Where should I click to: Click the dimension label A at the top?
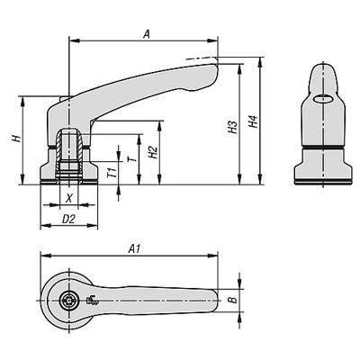(x=146, y=32)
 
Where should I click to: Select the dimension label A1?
(x=134, y=245)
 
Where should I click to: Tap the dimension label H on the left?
(x=14, y=139)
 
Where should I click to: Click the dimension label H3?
(x=232, y=129)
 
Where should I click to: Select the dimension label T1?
(x=110, y=171)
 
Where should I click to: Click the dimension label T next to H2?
(x=131, y=157)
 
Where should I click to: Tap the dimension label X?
(x=68, y=196)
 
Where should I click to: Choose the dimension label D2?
(x=67, y=219)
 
